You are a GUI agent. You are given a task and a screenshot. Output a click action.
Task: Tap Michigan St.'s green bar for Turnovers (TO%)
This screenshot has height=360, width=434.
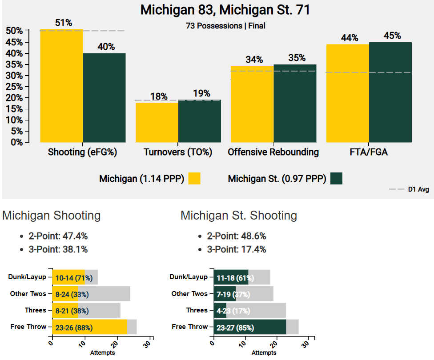coord(200,121)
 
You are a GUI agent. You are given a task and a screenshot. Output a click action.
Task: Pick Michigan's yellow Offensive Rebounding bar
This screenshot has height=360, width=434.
coord(252,104)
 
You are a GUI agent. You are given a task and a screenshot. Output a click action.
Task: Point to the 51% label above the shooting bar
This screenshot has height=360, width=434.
coord(64,23)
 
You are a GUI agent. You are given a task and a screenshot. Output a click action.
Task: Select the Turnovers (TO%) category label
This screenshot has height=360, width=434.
coord(178,152)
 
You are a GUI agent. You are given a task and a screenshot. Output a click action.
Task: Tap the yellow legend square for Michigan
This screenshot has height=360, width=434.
coord(194,179)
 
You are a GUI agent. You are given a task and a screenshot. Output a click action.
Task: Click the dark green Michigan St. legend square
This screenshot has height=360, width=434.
coord(336,179)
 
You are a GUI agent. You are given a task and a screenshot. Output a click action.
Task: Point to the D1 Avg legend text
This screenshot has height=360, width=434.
coord(418,190)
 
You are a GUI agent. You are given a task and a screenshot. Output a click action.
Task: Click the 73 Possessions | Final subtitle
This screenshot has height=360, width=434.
coord(225,26)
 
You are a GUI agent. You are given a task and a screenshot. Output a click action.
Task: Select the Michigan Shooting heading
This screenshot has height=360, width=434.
coord(52,216)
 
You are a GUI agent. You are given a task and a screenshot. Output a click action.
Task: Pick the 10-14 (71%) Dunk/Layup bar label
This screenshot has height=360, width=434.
coord(74,278)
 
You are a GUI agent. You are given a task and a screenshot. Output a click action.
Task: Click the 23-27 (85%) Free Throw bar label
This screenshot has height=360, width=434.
coord(235,328)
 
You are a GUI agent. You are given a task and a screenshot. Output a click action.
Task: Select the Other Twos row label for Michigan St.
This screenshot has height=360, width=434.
coord(189,294)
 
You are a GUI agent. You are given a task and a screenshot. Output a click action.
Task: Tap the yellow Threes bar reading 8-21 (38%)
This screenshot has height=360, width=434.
coord(65,310)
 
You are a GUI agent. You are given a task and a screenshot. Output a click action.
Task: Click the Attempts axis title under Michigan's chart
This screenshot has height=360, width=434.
coord(102,353)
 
